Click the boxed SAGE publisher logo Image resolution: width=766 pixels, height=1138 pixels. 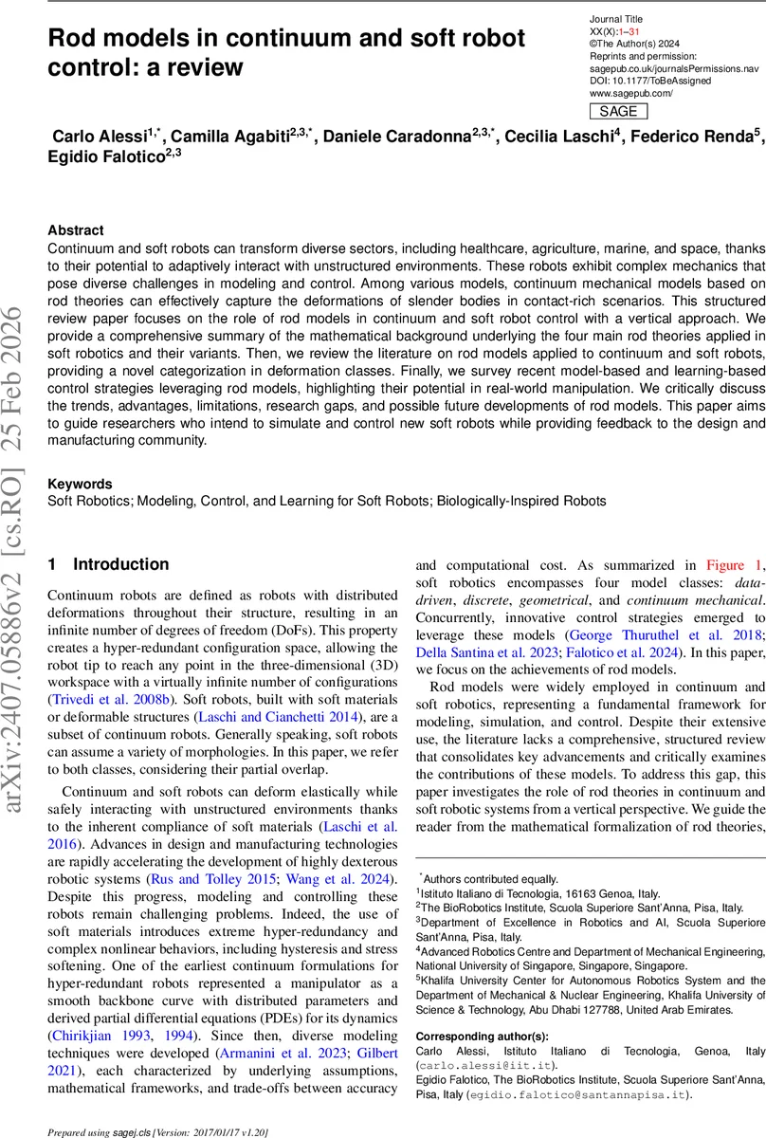[x=618, y=112]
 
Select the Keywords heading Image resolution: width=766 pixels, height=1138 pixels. [x=80, y=484]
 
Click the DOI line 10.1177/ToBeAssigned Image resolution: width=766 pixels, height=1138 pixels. [x=655, y=81]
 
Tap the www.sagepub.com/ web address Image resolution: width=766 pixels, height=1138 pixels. [x=630, y=93]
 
